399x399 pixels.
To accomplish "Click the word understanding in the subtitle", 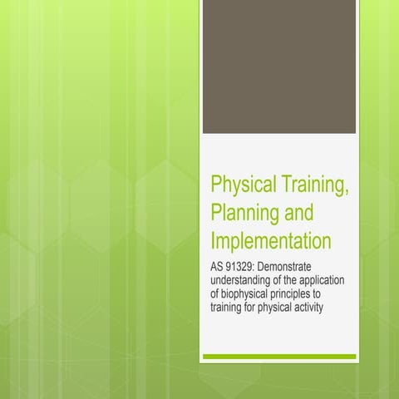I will (x=240, y=281).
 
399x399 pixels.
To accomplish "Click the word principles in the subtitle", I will (x=294, y=294).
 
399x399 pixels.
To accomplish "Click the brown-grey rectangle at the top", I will (x=279, y=66).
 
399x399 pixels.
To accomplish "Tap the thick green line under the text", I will (x=279, y=357).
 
